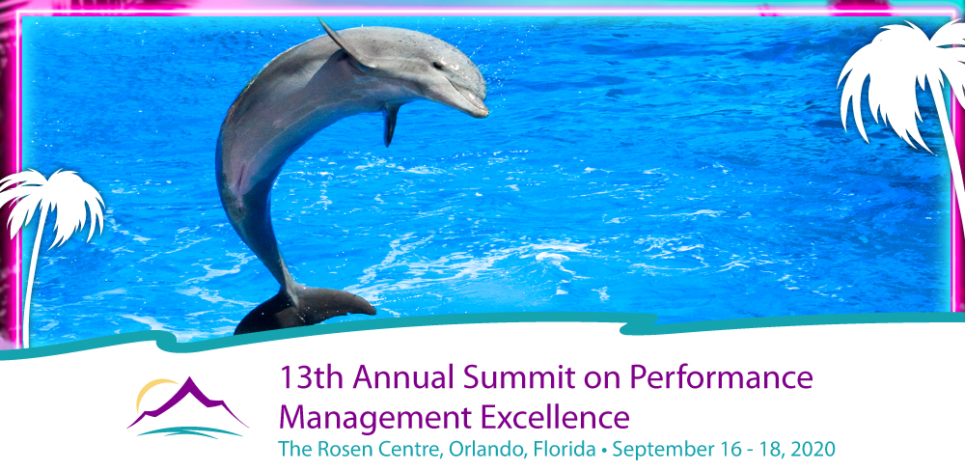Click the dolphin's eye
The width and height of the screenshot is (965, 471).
tap(437, 65)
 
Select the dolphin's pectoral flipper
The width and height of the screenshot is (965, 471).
tap(391, 125)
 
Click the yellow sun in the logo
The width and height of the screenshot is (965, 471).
tap(151, 392)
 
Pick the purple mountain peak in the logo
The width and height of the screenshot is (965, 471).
tap(188, 401)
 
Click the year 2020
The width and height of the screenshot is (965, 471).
tap(813, 450)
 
